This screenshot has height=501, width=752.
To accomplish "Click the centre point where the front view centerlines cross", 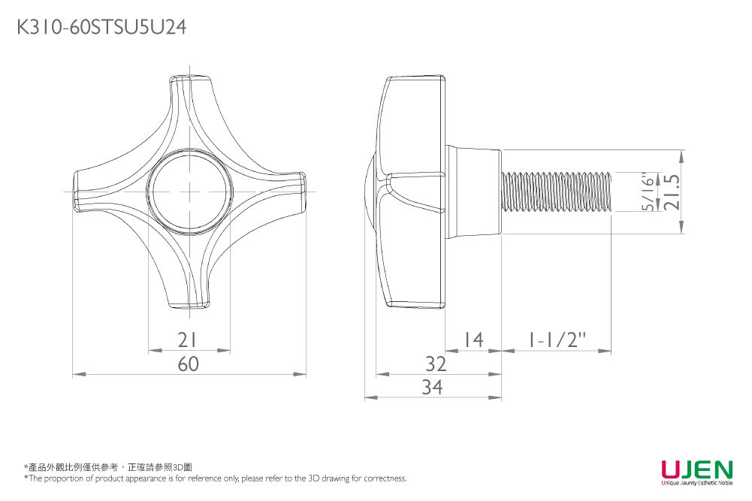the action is (x=190, y=192).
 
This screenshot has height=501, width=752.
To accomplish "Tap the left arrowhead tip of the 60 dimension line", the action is (x=72, y=374).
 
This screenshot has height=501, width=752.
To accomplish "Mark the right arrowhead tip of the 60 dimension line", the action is (x=306, y=374).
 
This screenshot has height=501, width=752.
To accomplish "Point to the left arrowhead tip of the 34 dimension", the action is (x=365, y=397).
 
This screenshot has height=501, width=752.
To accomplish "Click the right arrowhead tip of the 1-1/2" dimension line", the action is (x=612, y=351).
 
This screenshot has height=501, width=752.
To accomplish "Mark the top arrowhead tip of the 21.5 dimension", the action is (x=682, y=150).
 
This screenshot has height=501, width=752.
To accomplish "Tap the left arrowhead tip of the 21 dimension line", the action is (x=148, y=351).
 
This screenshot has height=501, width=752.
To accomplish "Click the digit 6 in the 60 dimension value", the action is (x=183, y=364).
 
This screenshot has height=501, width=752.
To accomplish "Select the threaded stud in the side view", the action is (x=557, y=192).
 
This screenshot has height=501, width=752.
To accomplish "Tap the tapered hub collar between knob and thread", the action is (x=474, y=192).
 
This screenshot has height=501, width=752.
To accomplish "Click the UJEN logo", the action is (x=697, y=472).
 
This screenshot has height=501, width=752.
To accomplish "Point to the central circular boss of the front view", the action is (x=190, y=192).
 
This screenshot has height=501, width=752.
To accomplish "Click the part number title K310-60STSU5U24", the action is (x=101, y=27).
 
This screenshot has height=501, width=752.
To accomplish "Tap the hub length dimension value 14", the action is (x=473, y=340).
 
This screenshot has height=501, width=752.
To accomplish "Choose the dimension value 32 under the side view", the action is (x=436, y=364).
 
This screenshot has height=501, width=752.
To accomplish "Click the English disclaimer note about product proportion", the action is (x=216, y=478).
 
